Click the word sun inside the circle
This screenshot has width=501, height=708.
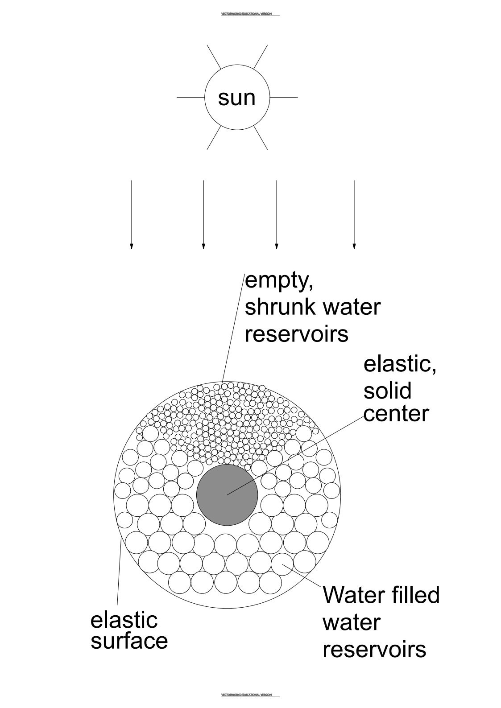pyautogui.click(x=236, y=98)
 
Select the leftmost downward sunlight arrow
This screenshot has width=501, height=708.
pyautogui.click(x=131, y=214)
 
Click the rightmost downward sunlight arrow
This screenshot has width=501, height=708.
pyautogui.click(x=354, y=214)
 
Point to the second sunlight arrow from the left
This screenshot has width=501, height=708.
pyautogui.click(x=203, y=214)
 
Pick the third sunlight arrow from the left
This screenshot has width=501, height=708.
pyautogui.click(x=277, y=214)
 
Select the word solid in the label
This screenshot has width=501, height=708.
pyautogui.click(x=387, y=391)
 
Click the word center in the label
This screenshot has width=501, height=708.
pyautogui.click(x=396, y=413)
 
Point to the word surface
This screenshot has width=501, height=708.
pyautogui.click(x=129, y=641)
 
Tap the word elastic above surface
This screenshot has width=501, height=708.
pyautogui.click(x=124, y=620)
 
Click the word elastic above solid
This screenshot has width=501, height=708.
pyautogui.click(x=399, y=364)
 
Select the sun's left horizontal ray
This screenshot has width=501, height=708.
pyautogui.click(x=190, y=97)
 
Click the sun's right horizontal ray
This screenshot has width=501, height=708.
pyautogui.click(x=284, y=97)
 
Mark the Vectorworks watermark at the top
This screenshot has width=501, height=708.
pyautogui.click(x=247, y=14)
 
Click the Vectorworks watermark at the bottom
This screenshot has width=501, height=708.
pyautogui.click(x=247, y=695)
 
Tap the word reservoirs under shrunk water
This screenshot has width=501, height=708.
pyautogui.click(x=296, y=334)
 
